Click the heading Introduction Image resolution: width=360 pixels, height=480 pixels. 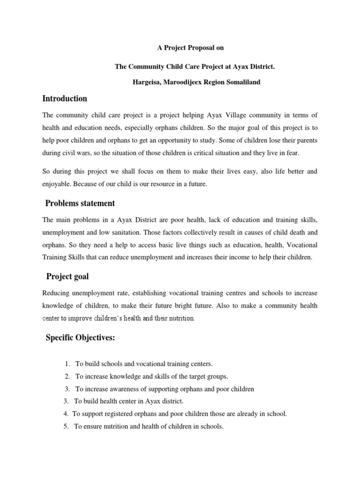pos(65,98)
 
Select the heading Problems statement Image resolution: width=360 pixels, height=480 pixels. pos(80,203)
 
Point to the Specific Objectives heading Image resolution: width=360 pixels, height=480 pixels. pos(80,338)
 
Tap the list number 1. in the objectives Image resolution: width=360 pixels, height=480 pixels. pos(68,363)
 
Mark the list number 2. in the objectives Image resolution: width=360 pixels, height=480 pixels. pos(68,376)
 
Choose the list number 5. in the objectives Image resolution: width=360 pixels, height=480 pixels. pos(66,426)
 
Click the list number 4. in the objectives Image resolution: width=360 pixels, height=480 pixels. pos(66,414)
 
